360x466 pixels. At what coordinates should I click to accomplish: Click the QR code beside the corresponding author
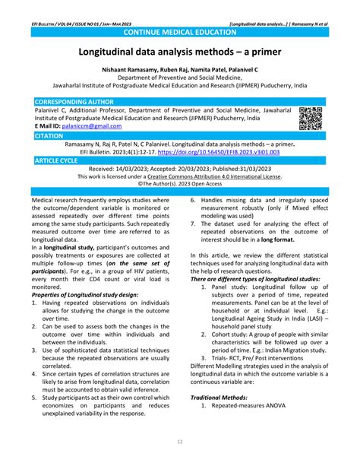coord(311,118)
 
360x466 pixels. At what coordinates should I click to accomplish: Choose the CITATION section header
coord(49,135)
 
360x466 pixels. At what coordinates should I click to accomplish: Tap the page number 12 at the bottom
coord(180,442)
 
